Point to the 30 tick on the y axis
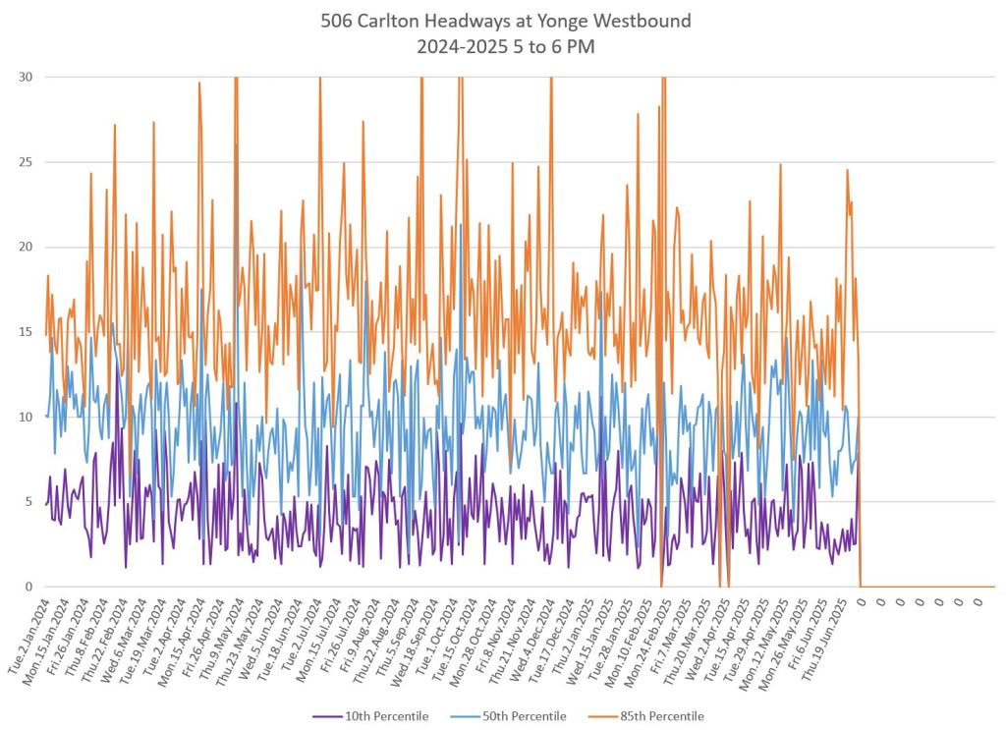click(x=26, y=77)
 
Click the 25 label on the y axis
click(x=26, y=162)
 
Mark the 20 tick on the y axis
click(x=26, y=247)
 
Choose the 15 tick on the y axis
click(x=26, y=332)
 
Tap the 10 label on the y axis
click(x=26, y=417)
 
